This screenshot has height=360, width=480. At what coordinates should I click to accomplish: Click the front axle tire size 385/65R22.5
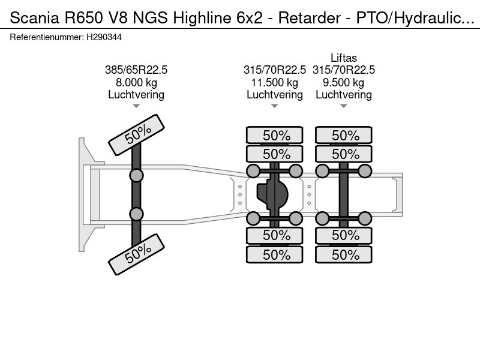pos(136,70)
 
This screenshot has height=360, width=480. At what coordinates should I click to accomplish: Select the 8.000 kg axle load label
pos(136,82)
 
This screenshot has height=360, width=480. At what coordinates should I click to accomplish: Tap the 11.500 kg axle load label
pos(274,82)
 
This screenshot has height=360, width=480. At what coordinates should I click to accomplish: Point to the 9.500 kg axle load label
pos(343,82)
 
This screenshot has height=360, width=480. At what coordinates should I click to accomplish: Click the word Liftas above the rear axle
pos(343,58)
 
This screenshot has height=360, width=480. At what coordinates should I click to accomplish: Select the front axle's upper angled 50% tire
pos(136,134)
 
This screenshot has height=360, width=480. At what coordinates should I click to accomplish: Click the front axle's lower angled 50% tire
pos(136,254)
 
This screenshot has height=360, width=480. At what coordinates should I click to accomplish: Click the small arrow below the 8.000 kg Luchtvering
pos(136,106)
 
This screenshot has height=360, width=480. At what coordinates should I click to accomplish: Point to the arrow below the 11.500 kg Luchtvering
pos(274,106)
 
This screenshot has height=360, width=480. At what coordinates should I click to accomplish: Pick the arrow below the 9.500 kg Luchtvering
pos(343,106)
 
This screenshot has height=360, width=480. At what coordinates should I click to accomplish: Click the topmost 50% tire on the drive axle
pos(276,136)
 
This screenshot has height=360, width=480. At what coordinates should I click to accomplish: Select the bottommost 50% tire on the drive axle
pos(276,254)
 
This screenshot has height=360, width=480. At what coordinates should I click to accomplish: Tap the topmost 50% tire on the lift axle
pos(345,136)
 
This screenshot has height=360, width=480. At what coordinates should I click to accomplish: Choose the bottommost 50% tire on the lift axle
pos(345,254)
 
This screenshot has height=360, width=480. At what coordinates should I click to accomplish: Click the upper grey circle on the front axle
pos(136,175)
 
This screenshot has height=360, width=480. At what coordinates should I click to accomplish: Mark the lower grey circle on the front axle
pos(136,214)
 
